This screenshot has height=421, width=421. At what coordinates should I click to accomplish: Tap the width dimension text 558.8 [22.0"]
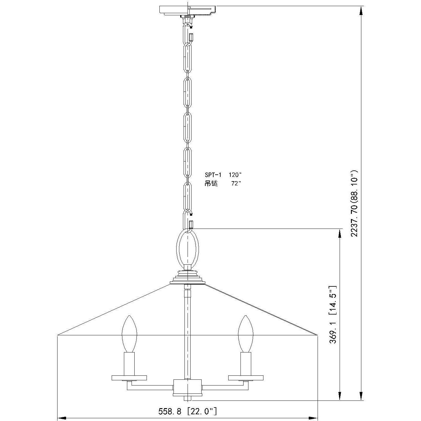tap(188, 411)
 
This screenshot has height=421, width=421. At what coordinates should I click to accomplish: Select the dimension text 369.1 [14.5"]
tap(333, 315)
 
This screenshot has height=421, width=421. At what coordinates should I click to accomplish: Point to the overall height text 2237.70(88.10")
tap(355, 203)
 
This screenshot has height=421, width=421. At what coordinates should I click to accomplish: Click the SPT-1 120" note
tap(223, 175)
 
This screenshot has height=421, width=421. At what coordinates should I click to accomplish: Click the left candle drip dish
tap(129, 378)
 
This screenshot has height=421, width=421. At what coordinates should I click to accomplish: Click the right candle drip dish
tap(246, 378)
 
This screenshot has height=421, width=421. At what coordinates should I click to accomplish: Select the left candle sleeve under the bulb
tap(129, 363)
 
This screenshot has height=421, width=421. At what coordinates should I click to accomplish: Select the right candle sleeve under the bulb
tap(246, 363)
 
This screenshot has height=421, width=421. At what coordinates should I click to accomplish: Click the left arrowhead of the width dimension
tap(61, 417)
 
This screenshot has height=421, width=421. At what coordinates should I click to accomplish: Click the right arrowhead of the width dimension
tap(314, 417)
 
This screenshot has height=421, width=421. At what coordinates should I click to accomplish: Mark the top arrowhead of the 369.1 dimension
tap(339, 233)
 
